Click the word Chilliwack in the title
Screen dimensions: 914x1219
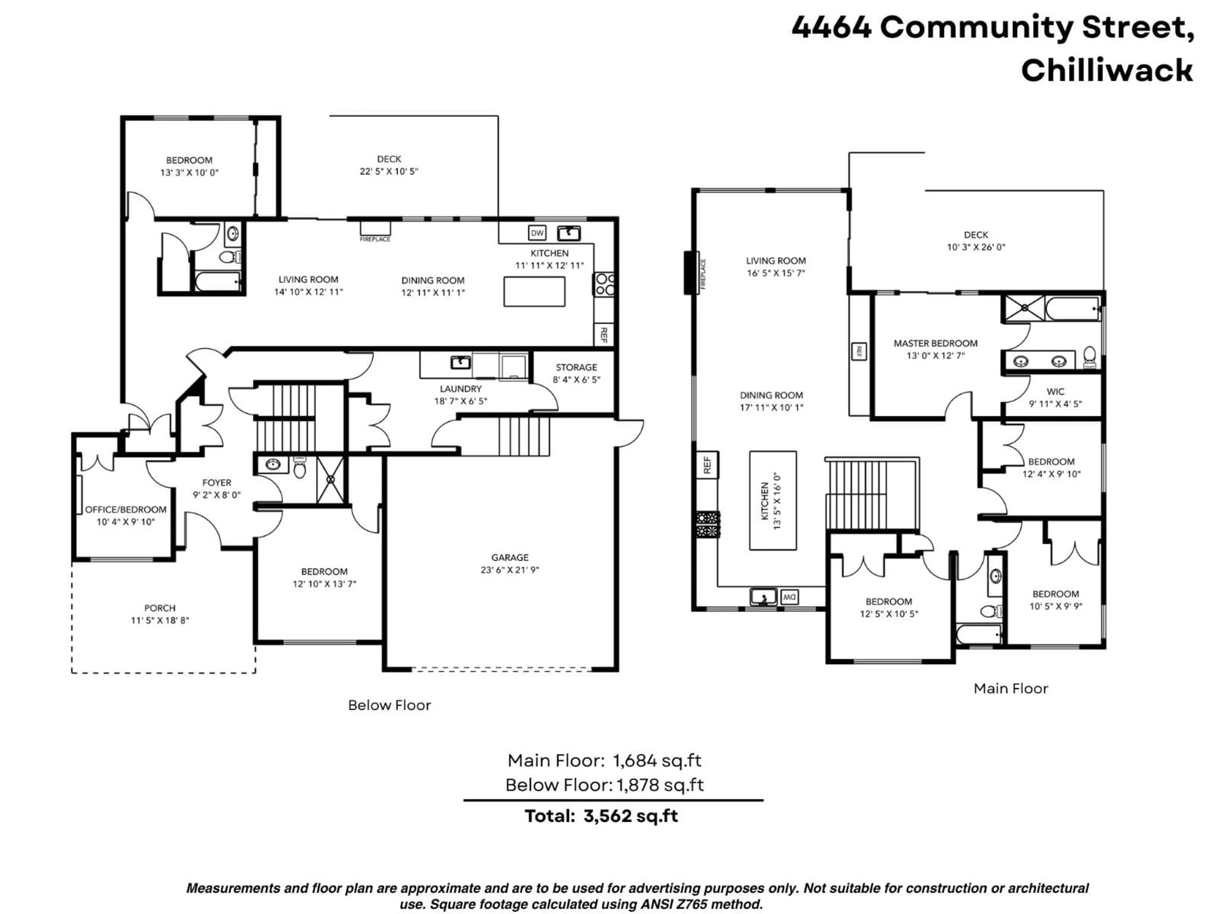[1107, 70]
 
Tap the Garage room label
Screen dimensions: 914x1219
[510, 558]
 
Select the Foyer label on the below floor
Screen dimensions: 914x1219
[216, 483]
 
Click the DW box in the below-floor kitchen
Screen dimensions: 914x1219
[537, 233]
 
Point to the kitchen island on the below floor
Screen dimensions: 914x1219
[534, 291]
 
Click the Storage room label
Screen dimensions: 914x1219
[576, 368]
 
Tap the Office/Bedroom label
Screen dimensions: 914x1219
[126, 510]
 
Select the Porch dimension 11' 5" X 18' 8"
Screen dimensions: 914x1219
[160, 620]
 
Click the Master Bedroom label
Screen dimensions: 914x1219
[935, 343]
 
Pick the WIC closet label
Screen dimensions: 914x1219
[1055, 392]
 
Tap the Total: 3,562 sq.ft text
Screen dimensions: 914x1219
[601, 816]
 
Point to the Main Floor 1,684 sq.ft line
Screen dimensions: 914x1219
[604, 761]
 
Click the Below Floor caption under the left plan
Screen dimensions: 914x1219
[389, 705]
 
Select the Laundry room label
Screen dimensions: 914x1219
[461, 389]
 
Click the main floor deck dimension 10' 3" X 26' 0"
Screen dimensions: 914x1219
[976, 247]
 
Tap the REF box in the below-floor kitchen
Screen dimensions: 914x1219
[603, 334]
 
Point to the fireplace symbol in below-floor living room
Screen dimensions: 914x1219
[375, 228]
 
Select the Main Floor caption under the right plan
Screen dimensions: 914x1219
[1011, 689]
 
